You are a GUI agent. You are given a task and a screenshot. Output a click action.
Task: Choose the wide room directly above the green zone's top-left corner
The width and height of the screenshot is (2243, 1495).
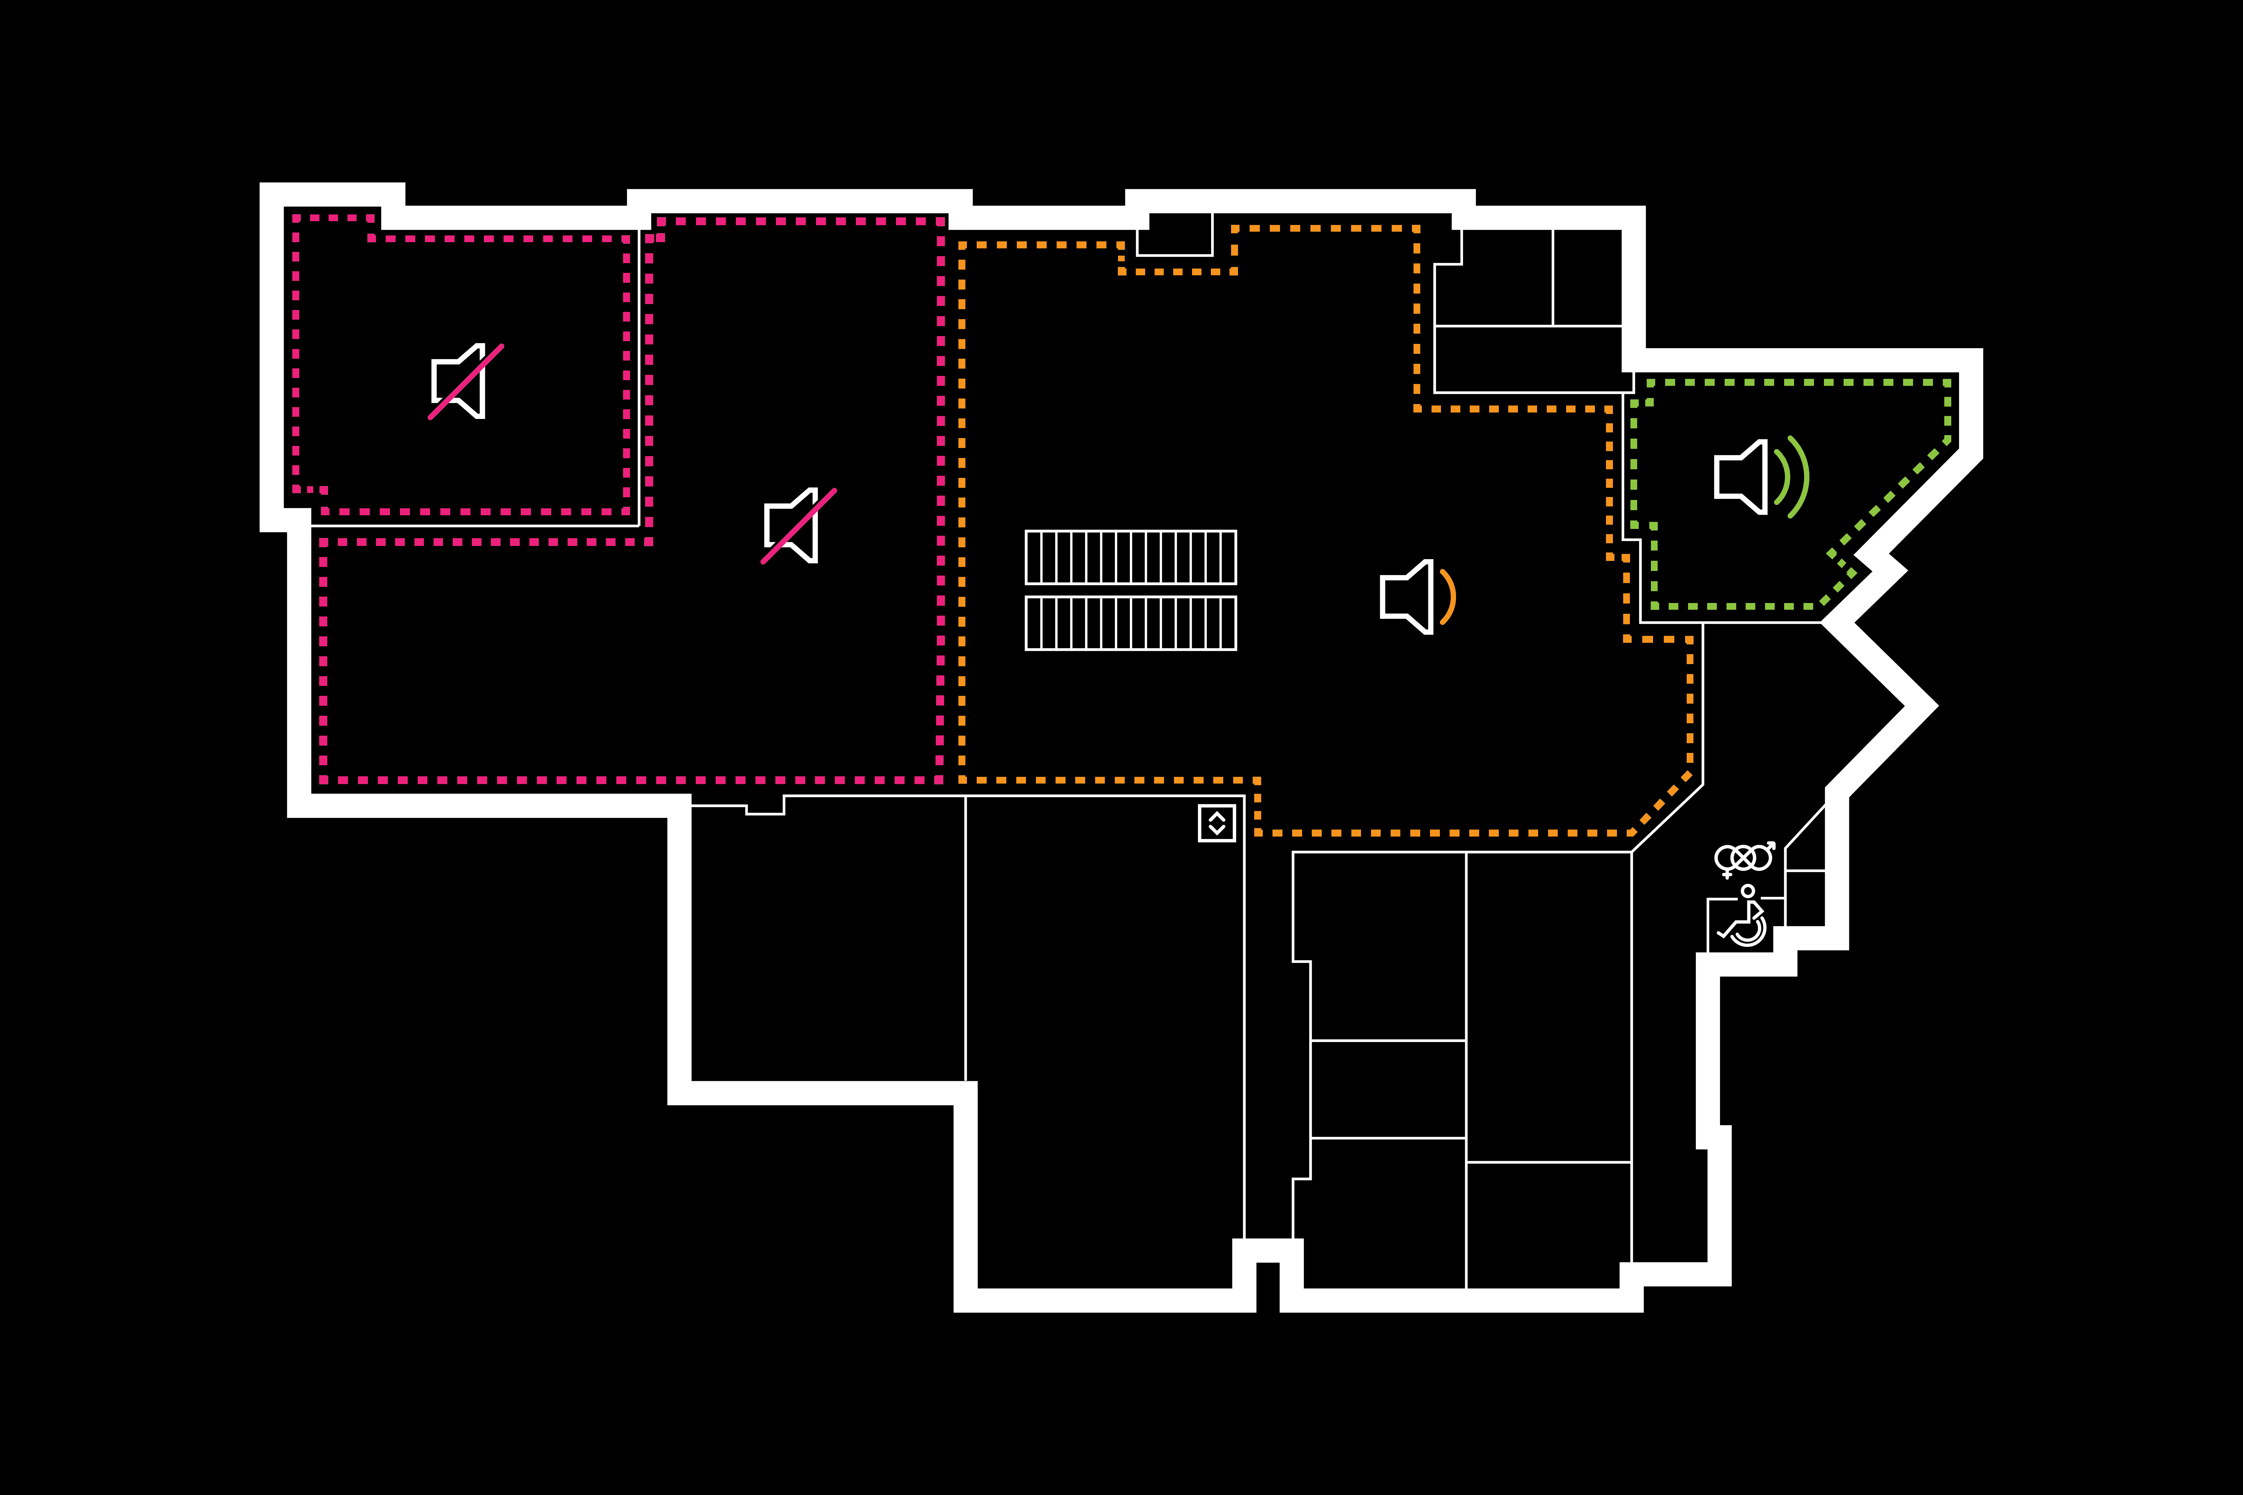[1528, 359]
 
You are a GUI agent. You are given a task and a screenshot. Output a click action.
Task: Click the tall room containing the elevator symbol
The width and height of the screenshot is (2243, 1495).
[1104, 1039]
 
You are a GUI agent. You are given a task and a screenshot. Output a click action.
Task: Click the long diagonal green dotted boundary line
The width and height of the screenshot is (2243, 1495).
[1888, 496]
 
